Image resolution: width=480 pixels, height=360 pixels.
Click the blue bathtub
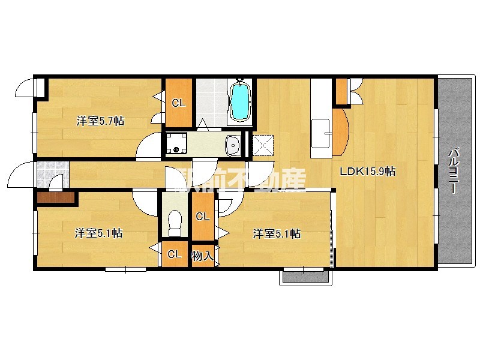241,101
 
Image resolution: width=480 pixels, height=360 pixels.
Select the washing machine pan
176,143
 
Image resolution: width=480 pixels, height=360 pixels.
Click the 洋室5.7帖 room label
100,121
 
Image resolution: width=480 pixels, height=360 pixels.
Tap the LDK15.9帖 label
368,171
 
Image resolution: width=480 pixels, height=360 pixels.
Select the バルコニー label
454,170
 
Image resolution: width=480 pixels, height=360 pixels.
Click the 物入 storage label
202,256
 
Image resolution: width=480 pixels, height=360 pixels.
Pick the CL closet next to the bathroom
179,103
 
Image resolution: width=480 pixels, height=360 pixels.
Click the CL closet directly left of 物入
175,254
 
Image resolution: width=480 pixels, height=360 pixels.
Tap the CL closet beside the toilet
203,217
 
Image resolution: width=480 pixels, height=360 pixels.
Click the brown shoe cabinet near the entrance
56,197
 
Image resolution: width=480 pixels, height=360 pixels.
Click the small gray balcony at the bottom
307,277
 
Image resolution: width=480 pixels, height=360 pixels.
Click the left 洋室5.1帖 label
98,233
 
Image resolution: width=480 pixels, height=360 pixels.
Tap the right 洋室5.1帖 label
276,234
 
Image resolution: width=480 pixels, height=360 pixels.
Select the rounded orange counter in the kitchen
339,131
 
